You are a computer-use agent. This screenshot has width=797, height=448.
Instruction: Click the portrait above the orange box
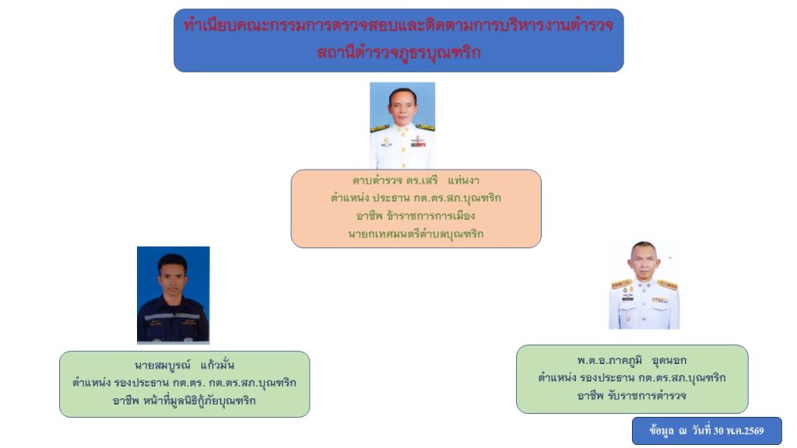click(402, 125)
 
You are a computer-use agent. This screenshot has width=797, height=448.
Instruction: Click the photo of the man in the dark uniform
click(174, 295)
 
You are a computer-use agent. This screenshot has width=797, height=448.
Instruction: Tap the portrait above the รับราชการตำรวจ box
click(644, 285)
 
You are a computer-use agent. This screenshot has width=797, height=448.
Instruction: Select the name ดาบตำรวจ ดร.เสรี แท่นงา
click(416, 180)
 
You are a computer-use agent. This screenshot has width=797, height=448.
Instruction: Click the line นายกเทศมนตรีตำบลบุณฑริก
click(416, 234)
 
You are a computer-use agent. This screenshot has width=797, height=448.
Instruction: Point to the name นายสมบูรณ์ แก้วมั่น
click(184, 365)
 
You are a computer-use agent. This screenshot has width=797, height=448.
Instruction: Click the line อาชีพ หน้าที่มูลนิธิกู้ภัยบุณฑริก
click(184, 401)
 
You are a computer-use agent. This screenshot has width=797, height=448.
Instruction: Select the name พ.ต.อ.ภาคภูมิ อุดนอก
click(632, 360)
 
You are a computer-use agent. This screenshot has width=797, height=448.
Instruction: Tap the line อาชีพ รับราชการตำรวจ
click(632, 396)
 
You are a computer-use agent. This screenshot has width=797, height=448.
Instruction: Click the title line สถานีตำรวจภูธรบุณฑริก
click(398, 52)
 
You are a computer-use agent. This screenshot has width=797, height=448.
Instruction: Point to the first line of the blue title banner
click(398, 25)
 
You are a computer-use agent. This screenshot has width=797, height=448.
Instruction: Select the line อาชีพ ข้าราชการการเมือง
click(416, 216)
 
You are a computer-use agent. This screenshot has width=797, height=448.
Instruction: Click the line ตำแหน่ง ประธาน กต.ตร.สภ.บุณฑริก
click(416, 198)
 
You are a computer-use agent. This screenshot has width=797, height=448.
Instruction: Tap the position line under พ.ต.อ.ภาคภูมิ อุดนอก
click(632, 378)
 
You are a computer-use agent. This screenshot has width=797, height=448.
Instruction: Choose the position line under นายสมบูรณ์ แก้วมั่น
click(184, 383)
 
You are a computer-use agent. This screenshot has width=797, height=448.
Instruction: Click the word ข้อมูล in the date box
click(662, 431)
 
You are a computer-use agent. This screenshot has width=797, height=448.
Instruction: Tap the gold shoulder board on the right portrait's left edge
click(621, 285)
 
